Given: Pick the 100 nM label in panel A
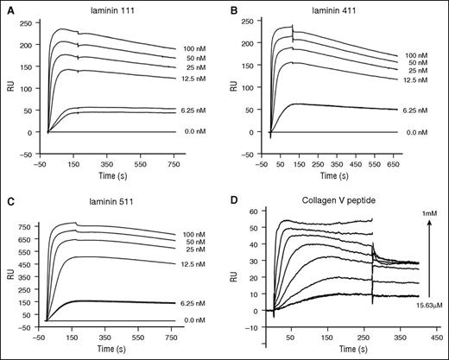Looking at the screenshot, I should point(193,48).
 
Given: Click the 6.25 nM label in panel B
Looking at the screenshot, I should point(418,110).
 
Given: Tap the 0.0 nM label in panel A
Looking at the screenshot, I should point(193,132).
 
